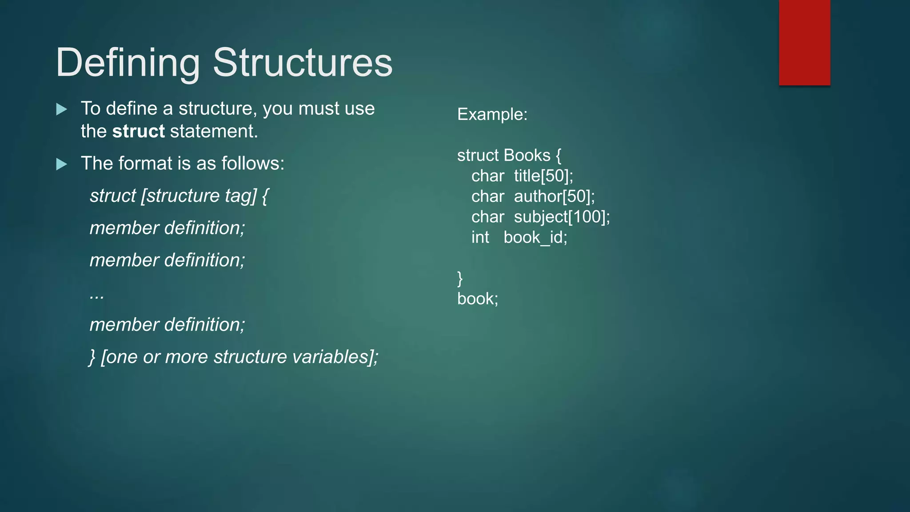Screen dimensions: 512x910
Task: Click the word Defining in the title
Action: point(128,63)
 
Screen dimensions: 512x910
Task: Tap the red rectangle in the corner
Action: point(804,42)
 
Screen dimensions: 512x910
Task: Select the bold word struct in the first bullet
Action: point(138,132)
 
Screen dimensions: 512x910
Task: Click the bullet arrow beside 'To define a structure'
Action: point(62,109)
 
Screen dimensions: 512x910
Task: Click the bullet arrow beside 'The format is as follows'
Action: point(62,164)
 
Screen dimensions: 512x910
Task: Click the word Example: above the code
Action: point(492,115)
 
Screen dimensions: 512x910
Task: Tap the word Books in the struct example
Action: point(527,156)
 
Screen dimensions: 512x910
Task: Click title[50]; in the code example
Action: point(543,176)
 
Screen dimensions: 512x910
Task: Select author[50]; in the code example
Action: point(554,196)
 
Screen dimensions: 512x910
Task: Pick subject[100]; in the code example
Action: point(562,217)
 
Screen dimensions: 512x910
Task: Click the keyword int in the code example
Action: point(480,237)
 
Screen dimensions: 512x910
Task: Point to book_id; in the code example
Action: point(535,238)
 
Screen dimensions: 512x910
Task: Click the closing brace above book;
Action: point(460,279)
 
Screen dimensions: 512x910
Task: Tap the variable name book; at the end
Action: point(478,299)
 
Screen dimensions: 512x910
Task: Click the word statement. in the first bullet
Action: point(214,132)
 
